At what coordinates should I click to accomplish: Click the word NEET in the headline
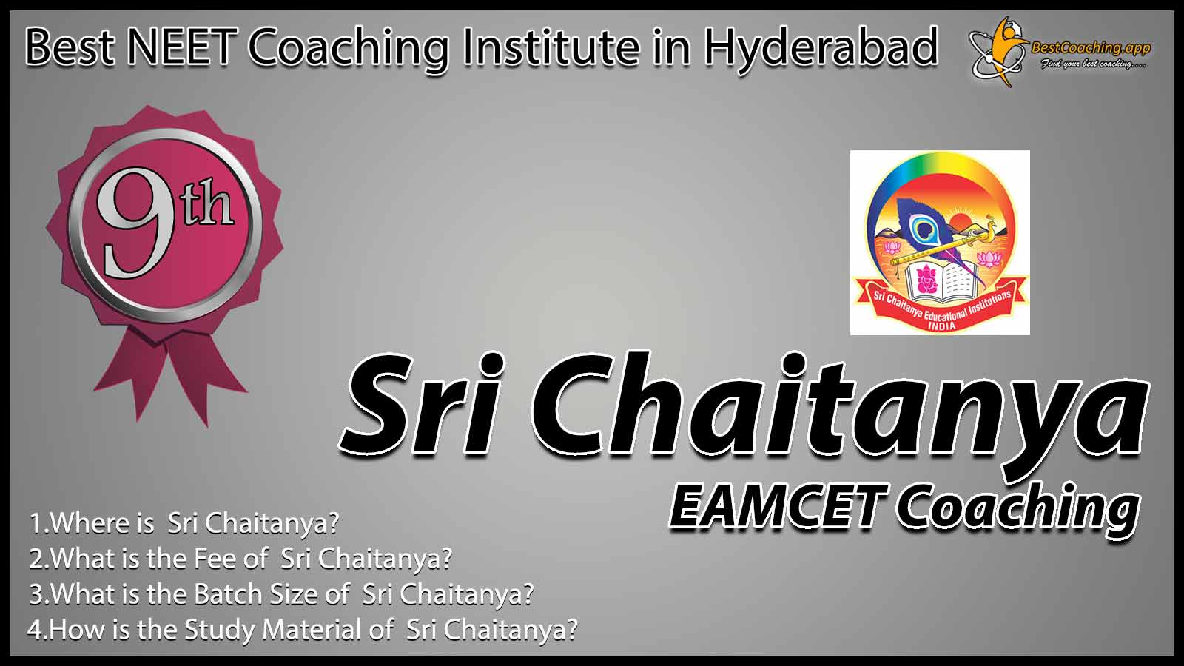point(181,47)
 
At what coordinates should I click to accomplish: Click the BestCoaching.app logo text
point(1091,49)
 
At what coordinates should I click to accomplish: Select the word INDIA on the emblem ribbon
point(941,326)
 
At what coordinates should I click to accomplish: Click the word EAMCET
point(778,507)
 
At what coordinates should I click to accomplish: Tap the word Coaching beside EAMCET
point(1017,510)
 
